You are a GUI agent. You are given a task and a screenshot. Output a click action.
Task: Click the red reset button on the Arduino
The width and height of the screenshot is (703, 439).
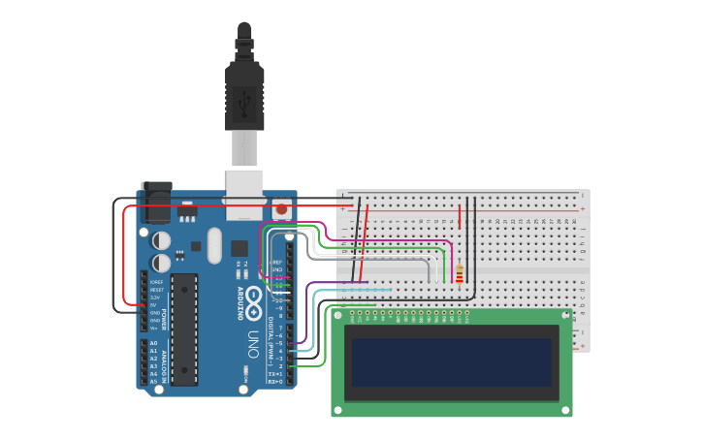click(x=281, y=208)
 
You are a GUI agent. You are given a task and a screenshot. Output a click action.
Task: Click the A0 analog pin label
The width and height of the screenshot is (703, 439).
click(x=153, y=344)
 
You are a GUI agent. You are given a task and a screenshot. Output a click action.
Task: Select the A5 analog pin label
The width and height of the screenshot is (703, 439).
click(x=153, y=382)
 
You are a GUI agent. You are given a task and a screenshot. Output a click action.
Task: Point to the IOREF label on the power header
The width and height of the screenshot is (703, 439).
click(x=156, y=282)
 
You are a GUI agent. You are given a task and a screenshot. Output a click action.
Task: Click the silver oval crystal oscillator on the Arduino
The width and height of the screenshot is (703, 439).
click(x=214, y=245)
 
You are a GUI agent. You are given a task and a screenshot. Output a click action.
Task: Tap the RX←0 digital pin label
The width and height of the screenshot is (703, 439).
click(x=275, y=382)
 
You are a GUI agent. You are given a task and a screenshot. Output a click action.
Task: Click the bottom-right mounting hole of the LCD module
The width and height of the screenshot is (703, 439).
click(x=565, y=410)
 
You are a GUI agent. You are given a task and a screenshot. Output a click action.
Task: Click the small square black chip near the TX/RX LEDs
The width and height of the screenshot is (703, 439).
click(x=239, y=248)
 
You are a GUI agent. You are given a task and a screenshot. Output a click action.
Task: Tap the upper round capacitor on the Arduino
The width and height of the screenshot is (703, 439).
click(x=162, y=239)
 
